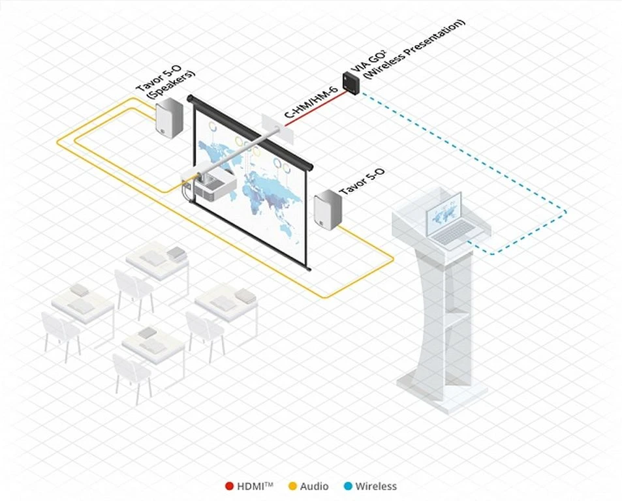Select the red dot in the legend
pyautogui.click(x=229, y=486)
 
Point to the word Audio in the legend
pyautogui.click(x=316, y=486)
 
